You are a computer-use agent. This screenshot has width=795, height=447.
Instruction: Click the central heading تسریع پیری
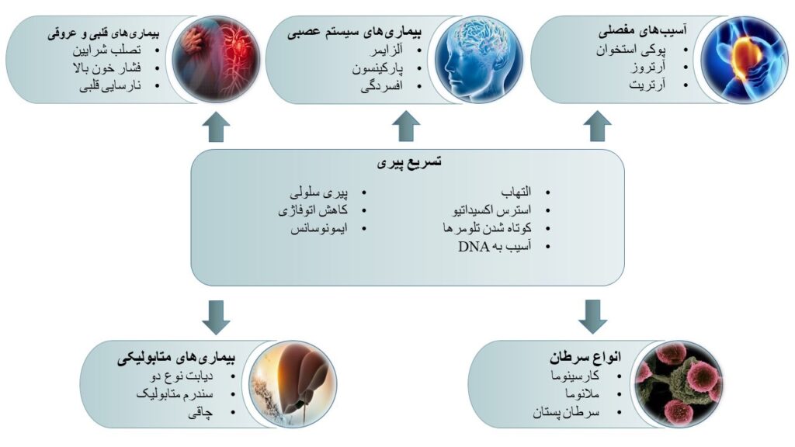coord(408,162)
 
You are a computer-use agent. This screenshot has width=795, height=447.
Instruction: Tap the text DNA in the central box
coord(474,247)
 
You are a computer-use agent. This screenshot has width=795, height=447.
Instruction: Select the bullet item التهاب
coord(516,192)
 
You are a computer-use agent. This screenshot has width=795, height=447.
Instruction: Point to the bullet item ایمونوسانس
coord(319,229)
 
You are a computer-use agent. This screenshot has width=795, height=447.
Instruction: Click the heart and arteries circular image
coord(216,60)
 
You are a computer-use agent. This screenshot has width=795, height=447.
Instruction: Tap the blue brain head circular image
coord(478,60)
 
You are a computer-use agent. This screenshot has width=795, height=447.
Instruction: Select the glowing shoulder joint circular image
coord(745,60)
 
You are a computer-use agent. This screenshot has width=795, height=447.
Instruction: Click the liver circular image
coord(293,384)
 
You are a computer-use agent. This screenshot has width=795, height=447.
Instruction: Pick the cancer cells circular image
coord(679,384)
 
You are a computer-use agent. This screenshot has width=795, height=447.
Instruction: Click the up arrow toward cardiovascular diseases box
coord(216,126)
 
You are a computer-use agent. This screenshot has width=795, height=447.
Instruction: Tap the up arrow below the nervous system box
coord(406,126)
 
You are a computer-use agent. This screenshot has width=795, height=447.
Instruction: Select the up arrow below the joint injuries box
coord(597,126)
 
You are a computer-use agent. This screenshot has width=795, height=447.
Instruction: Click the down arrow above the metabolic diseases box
coord(216,317)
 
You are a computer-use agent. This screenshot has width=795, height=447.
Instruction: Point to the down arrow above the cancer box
coord(592,317)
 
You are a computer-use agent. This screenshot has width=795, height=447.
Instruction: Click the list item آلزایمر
coord(387,50)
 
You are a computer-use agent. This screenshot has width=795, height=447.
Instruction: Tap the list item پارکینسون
coord(378,68)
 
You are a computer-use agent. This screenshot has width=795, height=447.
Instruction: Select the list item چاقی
coord(201,413)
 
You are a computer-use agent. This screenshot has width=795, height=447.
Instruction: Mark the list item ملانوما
coord(582,393)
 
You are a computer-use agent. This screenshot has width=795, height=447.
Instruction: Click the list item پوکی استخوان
coord(630,50)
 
